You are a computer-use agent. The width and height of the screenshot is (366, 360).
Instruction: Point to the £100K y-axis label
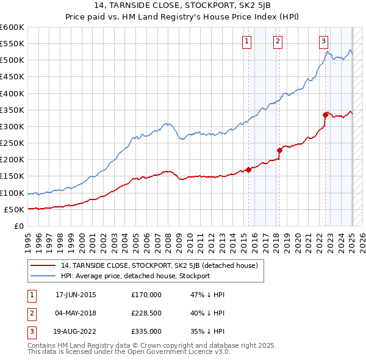click(x=13, y=193)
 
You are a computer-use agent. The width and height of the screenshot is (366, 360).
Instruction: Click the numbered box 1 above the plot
click(x=246, y=41)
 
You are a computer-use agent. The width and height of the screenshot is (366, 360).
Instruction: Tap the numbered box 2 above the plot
click(x=278, y=41)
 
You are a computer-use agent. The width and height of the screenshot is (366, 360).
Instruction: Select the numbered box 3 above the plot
click(x=323, y=41)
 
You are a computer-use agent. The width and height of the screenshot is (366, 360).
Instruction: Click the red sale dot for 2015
click(x=249, y=170)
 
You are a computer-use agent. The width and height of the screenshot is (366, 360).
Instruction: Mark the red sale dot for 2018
click(x=279, y=150)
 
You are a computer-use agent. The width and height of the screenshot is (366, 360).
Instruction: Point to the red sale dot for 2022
click(x=326, y=115)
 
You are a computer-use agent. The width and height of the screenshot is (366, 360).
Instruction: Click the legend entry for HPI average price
click(x=135, y=276)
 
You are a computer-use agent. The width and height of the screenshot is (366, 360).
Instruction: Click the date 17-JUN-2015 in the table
click(x=76, y=295)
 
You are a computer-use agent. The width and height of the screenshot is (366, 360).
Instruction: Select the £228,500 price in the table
click(x=146, y=313)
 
